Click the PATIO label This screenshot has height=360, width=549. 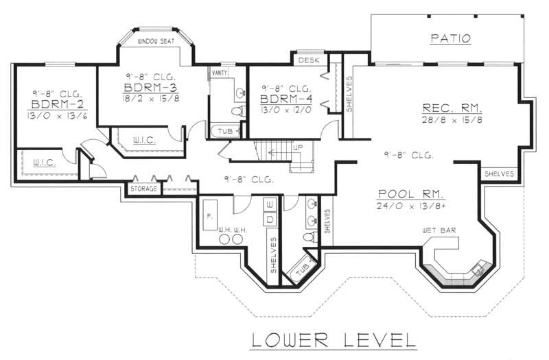pos(450,38)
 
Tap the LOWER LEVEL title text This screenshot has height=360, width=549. pos(333,339)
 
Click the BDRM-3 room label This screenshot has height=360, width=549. pos(152,88)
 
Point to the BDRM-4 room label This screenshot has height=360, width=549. pos(287,100)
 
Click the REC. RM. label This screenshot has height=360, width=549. pos(452,108)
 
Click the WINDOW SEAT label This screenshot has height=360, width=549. pos(156,41)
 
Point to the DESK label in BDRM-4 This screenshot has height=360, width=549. pos(305,60)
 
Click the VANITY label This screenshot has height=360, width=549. pos(220,72)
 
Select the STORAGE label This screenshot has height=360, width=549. pos(144,189)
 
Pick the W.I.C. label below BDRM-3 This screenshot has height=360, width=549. pos(143,140)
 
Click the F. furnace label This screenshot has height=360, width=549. pos(209,215)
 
